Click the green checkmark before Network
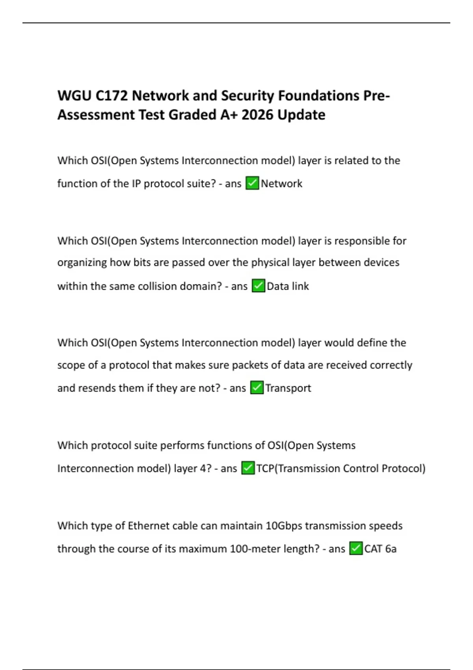click(x=252, y=183)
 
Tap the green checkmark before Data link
click(x=258, y=286)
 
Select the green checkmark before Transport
click(x=257, y=388)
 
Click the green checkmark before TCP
click(x=248, y=468)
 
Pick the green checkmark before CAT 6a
click(x=356, y=549)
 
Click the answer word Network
click(x=281, y=184)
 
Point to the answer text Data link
click(x=288, y=286)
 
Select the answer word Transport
click(x=288, y=388)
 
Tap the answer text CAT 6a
click(x=380, y=549)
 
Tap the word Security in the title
click(x=247, y=96)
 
